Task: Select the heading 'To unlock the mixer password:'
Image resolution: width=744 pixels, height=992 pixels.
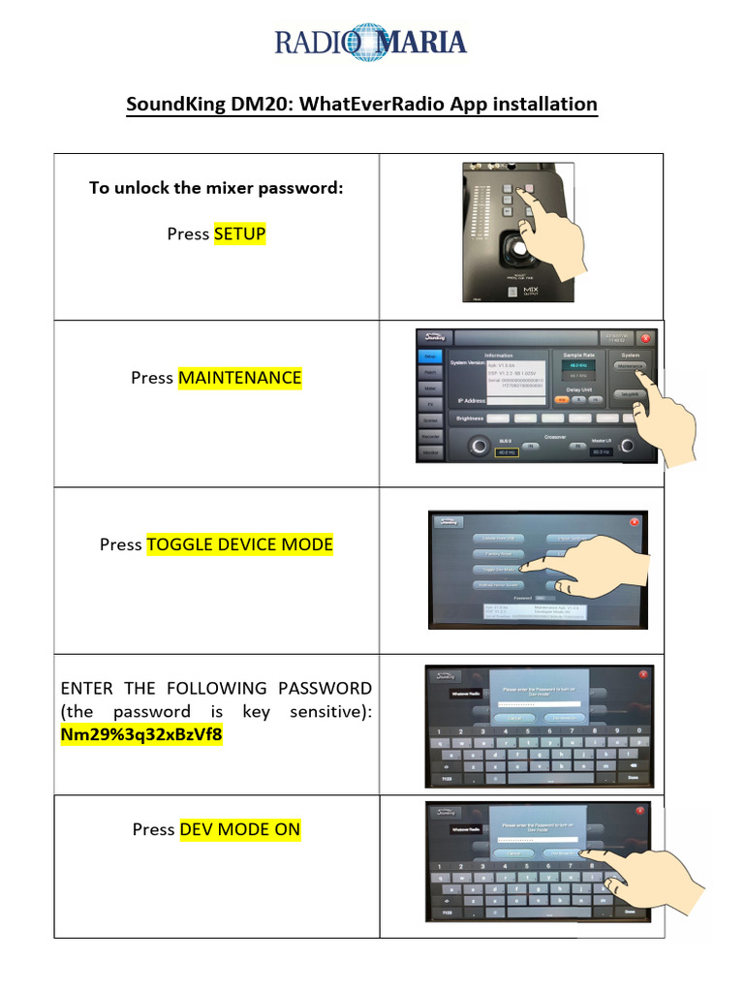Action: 216,188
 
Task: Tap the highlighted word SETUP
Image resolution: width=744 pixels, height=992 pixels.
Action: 239,233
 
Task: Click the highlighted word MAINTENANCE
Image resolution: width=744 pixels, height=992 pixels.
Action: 240,378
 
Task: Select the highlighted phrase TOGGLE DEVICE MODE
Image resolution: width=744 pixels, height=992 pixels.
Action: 240,544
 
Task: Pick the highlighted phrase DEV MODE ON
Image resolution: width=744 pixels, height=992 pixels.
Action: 240,829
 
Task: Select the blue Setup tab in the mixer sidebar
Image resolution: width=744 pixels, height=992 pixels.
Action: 430,356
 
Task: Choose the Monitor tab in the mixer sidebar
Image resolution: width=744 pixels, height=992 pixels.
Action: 430,452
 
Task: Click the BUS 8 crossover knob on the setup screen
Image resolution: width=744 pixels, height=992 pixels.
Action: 478,447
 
